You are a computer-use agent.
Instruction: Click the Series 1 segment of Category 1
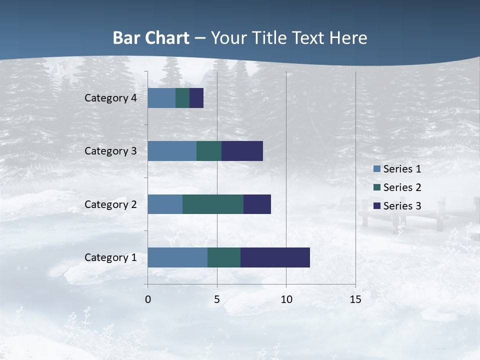[x=177, y=257]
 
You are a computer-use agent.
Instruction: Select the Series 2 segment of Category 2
[x=213, y=204]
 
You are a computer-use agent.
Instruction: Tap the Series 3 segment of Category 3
[x=242, y=151]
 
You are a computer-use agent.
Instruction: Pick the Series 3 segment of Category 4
[x=196, y=98]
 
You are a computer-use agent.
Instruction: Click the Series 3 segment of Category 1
[x=275, y=257]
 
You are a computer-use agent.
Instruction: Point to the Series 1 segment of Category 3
[x=172, y=151]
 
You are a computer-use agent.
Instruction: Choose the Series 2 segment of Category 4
[x=182, y=98]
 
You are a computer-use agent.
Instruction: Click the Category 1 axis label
[x=110, y=257]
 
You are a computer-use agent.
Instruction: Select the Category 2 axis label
[x=110, y=204]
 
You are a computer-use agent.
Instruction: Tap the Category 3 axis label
[x=110, y=151]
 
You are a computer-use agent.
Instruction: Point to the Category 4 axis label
[x=110, y=98]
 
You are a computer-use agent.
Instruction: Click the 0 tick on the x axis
[x=148, y=299]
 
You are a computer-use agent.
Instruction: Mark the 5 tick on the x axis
[x=217, y=299]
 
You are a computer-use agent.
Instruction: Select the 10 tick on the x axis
[x=286, y=299]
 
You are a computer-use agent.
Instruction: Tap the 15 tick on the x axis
[x=355, y=299]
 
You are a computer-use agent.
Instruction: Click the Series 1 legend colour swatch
[x=377, y=169]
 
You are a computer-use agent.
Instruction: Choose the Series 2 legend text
[x=402, y=187]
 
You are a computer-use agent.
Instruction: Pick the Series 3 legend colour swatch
[x=377, y=206]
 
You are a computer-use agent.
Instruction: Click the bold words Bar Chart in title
[x=151, y=38]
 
